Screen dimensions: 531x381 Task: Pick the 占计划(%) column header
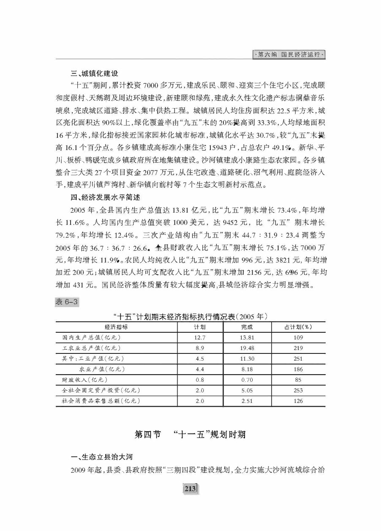[x=298, y=327]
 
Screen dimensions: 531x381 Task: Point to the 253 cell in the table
[x=298, y=390]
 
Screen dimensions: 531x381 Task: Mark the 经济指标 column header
[x=117, y=327]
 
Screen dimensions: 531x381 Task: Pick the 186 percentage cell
[x=298, y=369]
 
